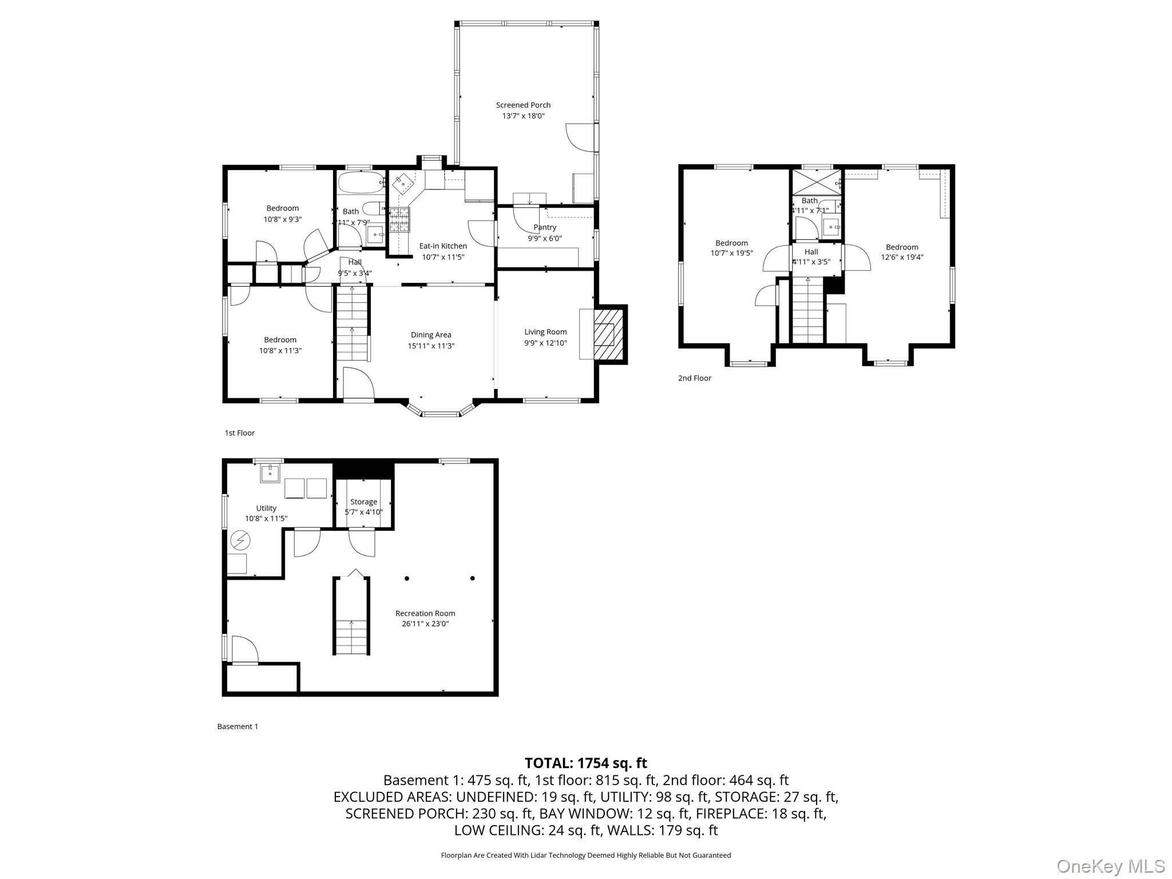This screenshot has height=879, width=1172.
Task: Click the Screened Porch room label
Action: coord(523,105)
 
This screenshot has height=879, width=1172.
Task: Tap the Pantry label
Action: coord(545,227)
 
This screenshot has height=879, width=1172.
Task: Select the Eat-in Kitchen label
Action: coord(443,246)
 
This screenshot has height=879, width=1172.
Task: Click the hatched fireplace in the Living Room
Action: coord(607,335)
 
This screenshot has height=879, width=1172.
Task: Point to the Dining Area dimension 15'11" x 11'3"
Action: coord(431,346)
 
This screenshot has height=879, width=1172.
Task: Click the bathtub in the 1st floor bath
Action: coord(360,183)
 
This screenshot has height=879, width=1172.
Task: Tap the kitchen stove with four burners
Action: coord(399,219)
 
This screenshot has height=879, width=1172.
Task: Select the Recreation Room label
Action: coord(425,613)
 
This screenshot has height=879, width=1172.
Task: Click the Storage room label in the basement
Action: coord(363,502)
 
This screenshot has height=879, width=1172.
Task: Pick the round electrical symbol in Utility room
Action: coord(240,540)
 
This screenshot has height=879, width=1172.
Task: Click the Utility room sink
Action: coord(270,473)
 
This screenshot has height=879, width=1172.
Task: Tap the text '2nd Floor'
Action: coord(695,378)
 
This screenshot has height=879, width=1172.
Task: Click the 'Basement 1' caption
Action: coord(237,727)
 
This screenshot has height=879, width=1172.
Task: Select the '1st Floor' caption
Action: coord(240,433)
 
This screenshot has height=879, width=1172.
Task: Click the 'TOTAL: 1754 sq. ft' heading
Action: coord(586,763)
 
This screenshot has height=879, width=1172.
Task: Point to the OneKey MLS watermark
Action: coord(1111,866)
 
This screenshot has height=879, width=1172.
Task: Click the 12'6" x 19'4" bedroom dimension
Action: coord(902,258)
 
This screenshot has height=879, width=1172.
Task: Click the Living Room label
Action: coord(545,332)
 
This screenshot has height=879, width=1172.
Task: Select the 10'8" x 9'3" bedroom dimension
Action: coord(283,219)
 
